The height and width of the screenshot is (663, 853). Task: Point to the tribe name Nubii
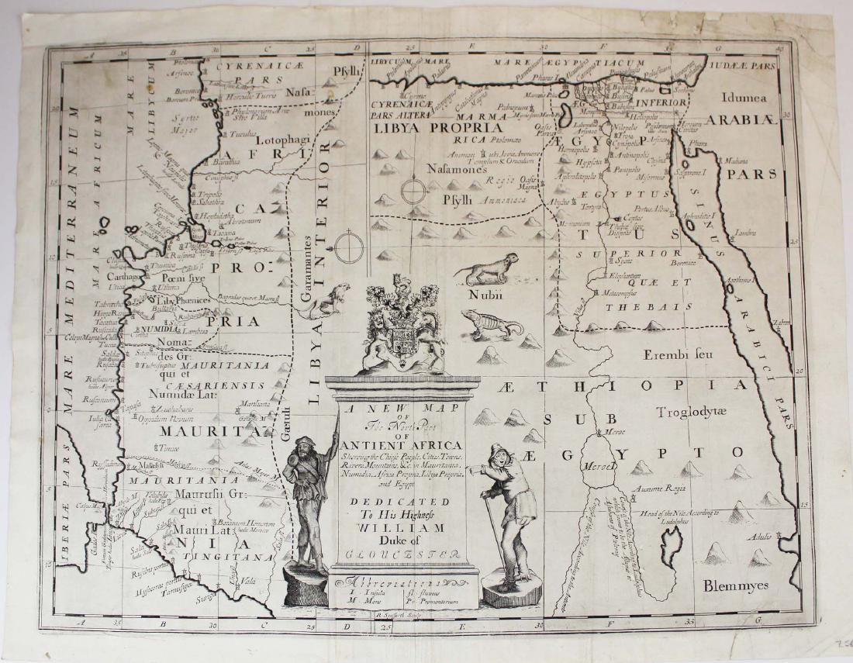[x=485, y=295]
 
